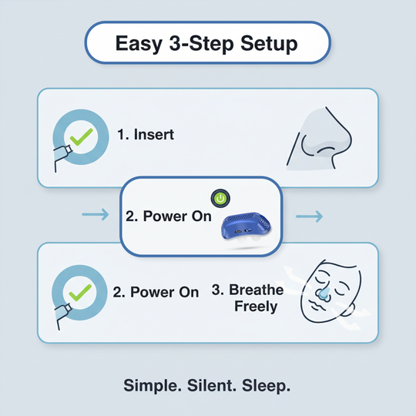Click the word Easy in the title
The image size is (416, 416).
139,44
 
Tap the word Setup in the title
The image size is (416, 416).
269,44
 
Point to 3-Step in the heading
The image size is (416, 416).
201,44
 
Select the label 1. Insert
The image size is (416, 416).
146,135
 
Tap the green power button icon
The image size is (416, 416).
220,198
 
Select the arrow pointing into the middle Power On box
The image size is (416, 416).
95,215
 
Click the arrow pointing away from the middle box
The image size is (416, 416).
310,215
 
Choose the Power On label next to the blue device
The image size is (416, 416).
168,216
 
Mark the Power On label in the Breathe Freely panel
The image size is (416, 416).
156,292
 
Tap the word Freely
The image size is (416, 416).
257,307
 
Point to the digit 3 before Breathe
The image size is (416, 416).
216,290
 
